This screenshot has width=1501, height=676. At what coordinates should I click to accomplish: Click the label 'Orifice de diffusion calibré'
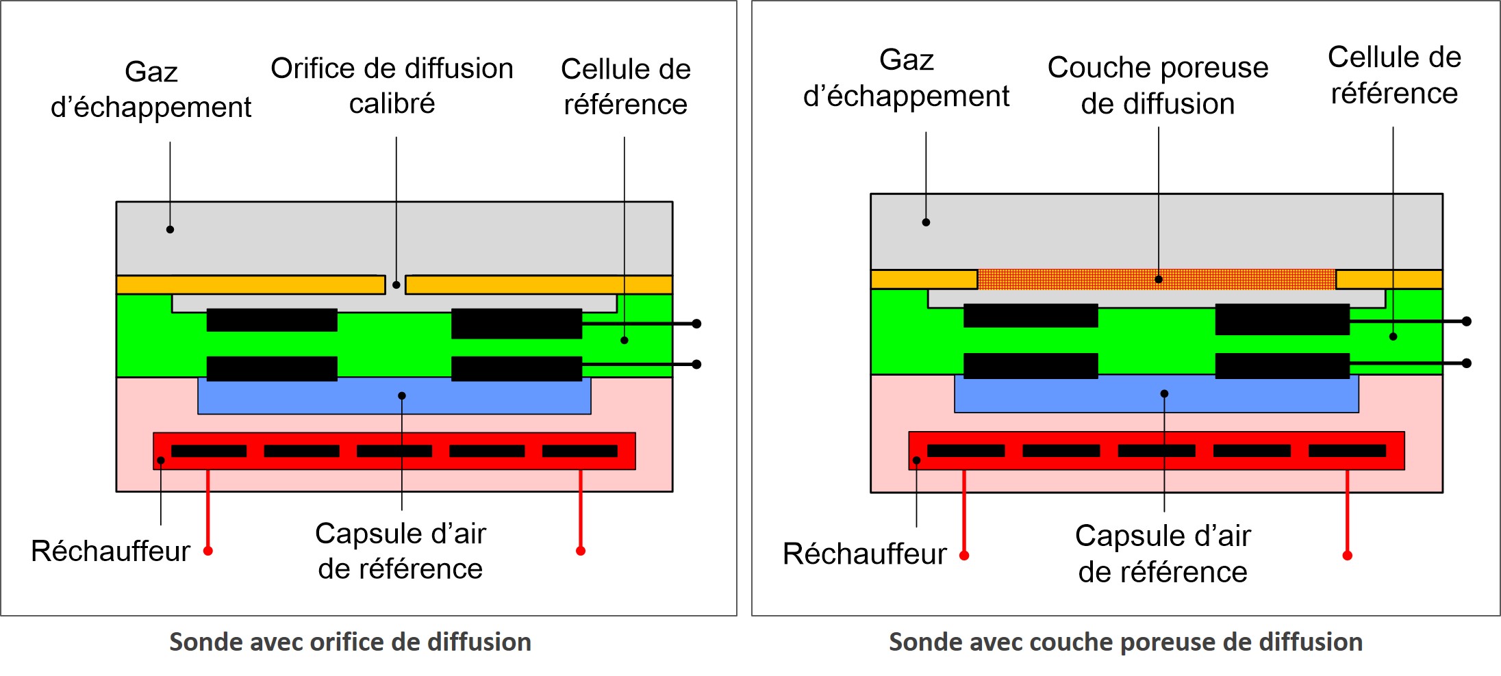click(x=392, y=86)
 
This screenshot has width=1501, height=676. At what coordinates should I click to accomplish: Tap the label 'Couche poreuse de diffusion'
click(x=1157, y=86)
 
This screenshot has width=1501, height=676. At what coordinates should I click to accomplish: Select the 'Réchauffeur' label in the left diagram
click(x=110, y=551)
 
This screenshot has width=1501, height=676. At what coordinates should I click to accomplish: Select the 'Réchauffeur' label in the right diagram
click(x=864, y=554)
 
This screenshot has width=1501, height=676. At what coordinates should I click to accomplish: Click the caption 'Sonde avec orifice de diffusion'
click(x=350, y=642)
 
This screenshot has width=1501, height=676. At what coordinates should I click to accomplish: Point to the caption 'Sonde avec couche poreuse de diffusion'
click(x=1125, y=642)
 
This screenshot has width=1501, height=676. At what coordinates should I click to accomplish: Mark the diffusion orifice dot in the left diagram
click(x=396, y=285)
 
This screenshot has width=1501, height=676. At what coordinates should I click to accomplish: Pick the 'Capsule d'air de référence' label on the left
click(x=401, y=551)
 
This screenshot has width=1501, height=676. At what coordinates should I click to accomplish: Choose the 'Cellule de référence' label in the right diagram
click(x=1394, y=75)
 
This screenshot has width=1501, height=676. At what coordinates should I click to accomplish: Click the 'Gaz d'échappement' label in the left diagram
click(x=151, y=90)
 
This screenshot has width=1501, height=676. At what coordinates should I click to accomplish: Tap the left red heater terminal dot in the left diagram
click(x=208, y=551)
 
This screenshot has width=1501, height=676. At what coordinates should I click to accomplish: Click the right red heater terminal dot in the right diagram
click(x=1347, y=556)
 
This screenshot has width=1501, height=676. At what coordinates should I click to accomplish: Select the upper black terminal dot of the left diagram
click(x=696, y=324)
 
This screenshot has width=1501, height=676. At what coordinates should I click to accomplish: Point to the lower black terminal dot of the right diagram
click(x=1467, y=363)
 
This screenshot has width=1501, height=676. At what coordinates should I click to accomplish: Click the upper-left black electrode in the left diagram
click(x=272, y=320)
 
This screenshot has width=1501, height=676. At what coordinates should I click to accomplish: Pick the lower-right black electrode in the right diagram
click(x=1282, y=365)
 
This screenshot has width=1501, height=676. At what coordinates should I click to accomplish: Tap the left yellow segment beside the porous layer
click(x=924, y=279)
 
